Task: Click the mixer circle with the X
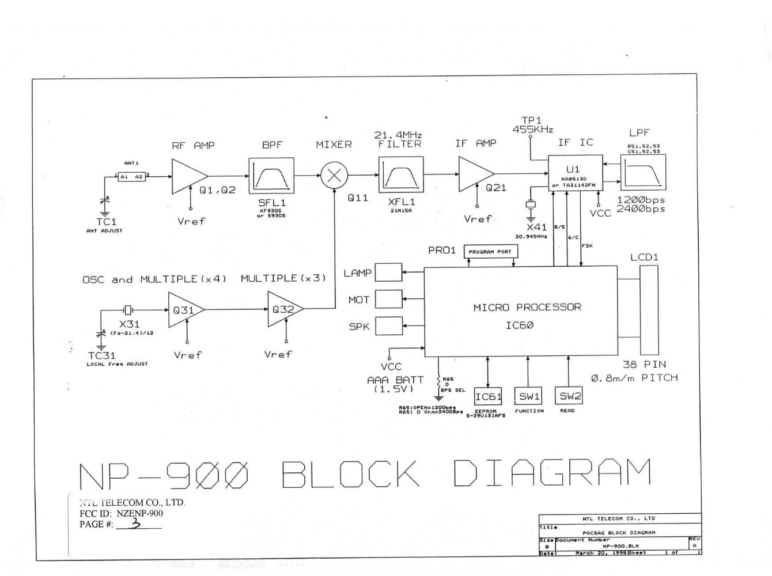click(334, 175)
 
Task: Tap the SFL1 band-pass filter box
click(271, 176)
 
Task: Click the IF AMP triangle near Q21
click(473, 174)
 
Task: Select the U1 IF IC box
click(574, 172)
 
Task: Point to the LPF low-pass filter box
click(643, 173)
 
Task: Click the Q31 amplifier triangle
click(183, 309)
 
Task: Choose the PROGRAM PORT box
click(490, 252)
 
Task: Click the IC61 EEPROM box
click(488, 396)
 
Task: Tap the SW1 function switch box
click(529, 396)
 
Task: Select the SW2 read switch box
click(569, 396)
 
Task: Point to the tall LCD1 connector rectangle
click(649, 310)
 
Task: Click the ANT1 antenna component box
click(131, 177)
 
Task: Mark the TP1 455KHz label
click(532, 125)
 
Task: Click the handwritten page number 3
click(136, 523)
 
